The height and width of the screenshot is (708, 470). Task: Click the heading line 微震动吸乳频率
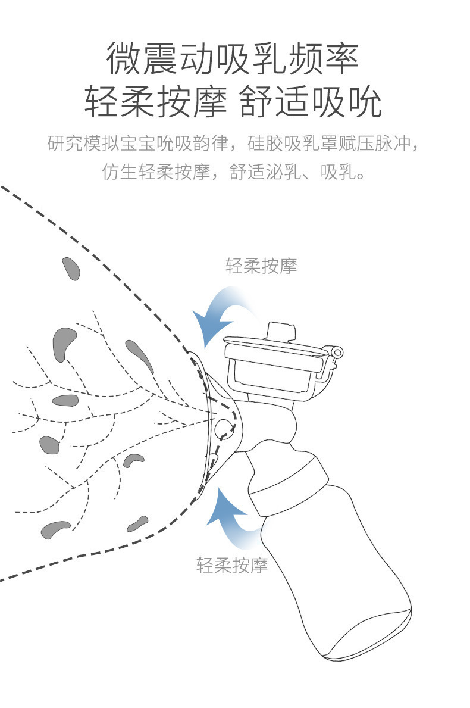[233, 60]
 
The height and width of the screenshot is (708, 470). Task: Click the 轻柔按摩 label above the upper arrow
[261, 266]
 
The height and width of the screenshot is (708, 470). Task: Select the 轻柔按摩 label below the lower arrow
[232, 564]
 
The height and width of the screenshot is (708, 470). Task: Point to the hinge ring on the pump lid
[338, 353]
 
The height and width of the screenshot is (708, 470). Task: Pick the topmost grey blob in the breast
[71, 269]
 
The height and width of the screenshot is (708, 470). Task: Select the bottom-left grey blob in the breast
[55, 528]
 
